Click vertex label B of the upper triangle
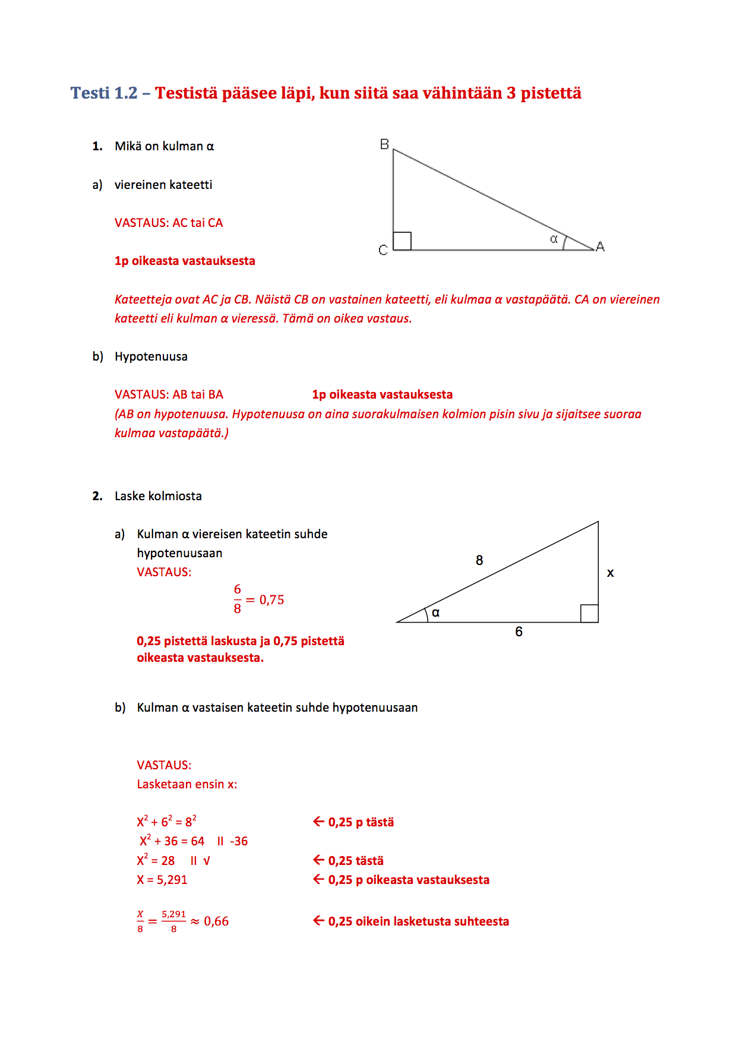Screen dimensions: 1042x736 384,144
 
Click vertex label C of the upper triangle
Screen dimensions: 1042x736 383,250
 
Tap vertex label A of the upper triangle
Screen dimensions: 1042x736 600,247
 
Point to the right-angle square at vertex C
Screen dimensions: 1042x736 402,241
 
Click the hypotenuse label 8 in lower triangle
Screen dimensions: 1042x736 479,560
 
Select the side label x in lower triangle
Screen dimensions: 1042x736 610,573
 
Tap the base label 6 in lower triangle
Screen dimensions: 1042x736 519,631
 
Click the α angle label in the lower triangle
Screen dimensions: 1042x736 436,612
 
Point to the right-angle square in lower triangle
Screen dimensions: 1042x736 589,613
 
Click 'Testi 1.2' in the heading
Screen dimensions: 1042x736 104,93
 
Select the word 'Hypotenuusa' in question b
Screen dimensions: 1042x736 151,356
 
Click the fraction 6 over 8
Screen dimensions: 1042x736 238,599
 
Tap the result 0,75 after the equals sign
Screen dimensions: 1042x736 271,600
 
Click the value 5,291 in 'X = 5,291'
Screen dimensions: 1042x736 172,880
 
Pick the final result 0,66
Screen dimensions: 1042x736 216,921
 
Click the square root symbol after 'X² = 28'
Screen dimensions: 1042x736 207,861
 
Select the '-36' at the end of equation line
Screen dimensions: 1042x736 239,841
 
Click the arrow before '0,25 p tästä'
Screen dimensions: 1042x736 318,822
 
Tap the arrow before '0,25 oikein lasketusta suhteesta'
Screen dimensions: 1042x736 318,921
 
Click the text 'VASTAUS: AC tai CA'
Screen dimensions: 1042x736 169,223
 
